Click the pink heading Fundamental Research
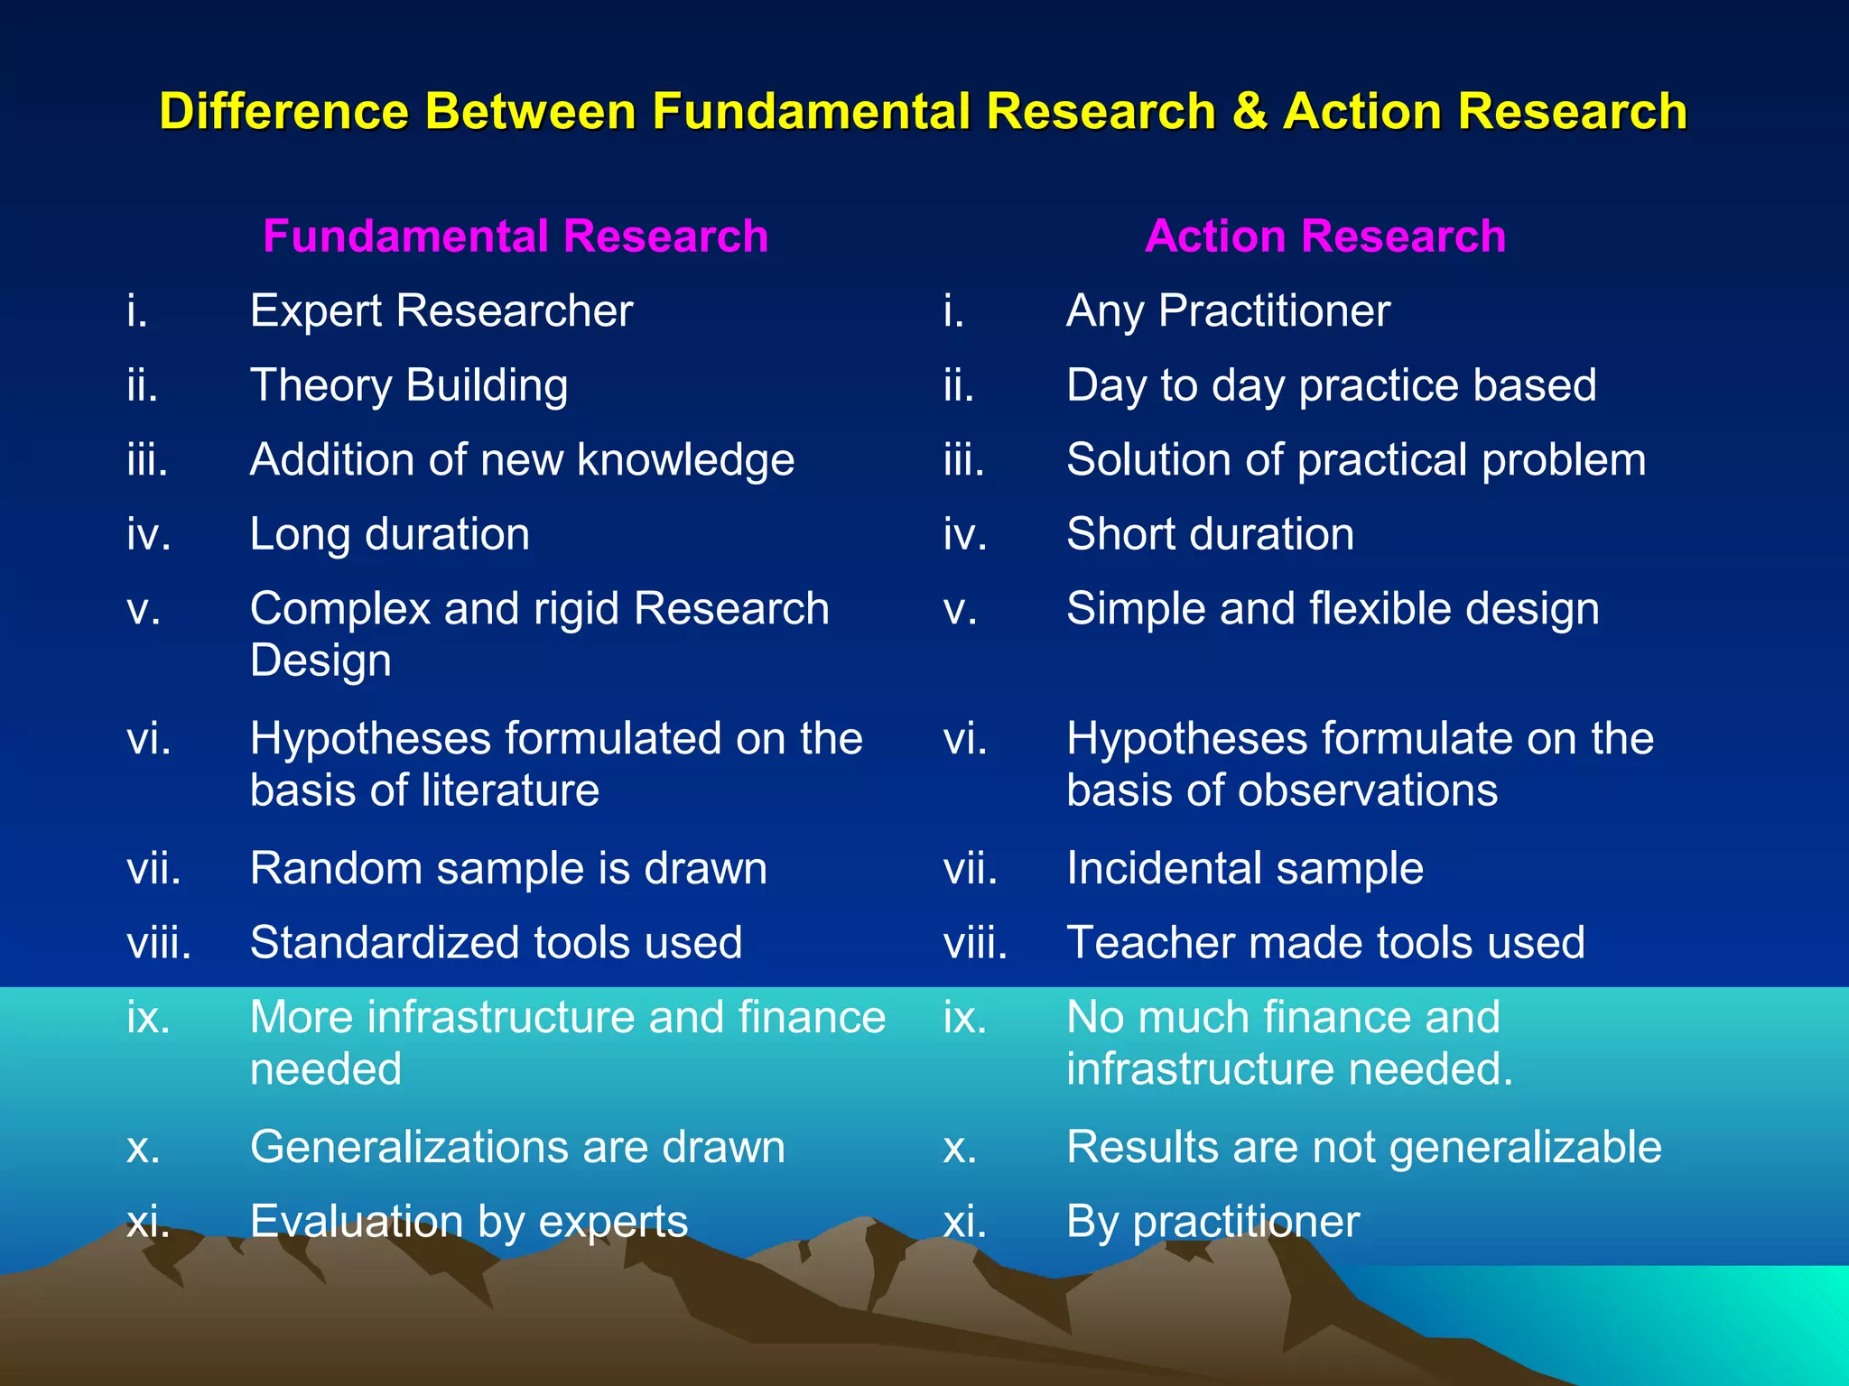pyautogui.click(x=516, y=236)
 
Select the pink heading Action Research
pyautogui.click(x=1324, y=236)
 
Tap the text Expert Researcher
pyautogui.click(x=441, y=311)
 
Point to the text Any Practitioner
pyautogui.click(x=1227, y=311)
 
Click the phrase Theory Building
pyautogui.click(x=408, y=386)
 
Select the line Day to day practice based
pyautogui.click(x=1331, y=386)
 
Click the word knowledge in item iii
pyautogui.click(x=685, y=460)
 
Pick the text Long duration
pyautogui.click(x=389, y=534)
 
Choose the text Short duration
pyautogui.click(x=1210, y=534)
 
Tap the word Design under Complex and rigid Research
pyautogui.click(x=321, y=661)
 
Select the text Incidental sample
pyautogui.click(x=1244, y=869)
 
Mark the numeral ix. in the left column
pyautogui.click(x=148, y=1018)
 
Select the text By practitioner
pyautogui.click(x=1212, y=1223)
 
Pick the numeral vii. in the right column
pyautogui.click(x=970, y=869)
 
